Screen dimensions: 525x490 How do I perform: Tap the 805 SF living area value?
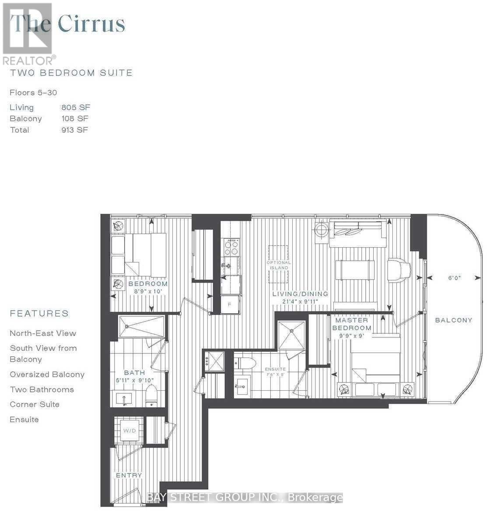pyautogui.click(x=76, y=107)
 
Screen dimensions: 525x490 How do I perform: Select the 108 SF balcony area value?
pyautogui.click(x=76, y=119)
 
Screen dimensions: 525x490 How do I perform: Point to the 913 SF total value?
pyautogui.click(x=75, y=130)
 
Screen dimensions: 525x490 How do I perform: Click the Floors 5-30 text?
pyautogui.click(x=33, y=92)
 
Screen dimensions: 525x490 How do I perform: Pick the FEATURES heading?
pyautogui.click(x=39, y=313)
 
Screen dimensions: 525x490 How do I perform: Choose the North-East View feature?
pyautogui.click(x=43, y=333)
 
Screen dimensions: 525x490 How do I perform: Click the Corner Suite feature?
pyautogui.click(x=35, y=404)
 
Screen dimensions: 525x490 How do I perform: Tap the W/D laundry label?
pyautogui.click(x=129, y=431)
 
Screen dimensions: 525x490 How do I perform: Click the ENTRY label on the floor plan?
pyautogui.click(x=129, y=475)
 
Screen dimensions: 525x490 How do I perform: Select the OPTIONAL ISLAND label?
pyautogui.click(x=279, y=265)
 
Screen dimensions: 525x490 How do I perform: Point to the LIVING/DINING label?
pyautogui.click(x=300, y=294)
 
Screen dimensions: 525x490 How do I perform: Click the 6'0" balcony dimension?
pyautogui.click(x=455, y=278)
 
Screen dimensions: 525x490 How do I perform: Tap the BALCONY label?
pyautogui.click(x=454, y=320)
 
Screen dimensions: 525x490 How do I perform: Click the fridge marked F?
pyautogui.click(x=229, y=305)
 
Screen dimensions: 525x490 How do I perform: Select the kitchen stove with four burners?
pyautogui.click(x=231, y=248)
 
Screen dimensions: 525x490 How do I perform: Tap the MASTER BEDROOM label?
pyautogui.click(x=352, y=324)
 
